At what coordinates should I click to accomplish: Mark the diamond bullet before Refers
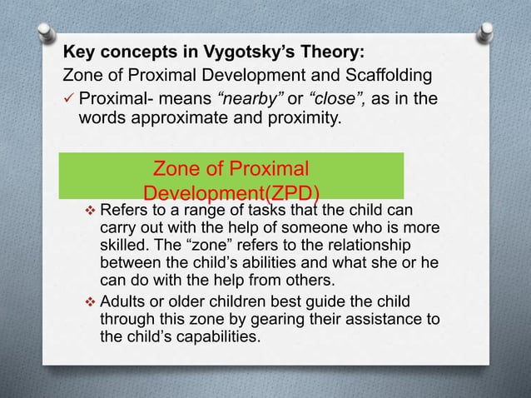(x=91, y=209)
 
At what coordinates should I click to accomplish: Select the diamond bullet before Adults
(x=91, y=300)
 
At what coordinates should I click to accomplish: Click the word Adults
(x=122, y=300)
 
